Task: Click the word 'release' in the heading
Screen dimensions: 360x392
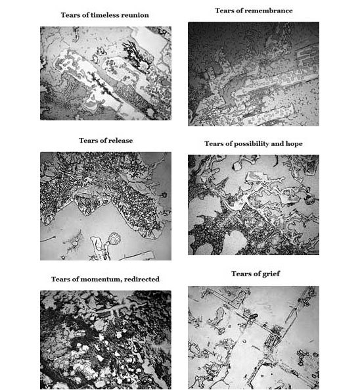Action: coord(120,141)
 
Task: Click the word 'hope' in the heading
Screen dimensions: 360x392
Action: coord(294,144)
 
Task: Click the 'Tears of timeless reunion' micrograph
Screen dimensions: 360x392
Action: coord(106,73)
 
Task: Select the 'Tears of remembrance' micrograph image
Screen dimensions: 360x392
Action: coord(254,74)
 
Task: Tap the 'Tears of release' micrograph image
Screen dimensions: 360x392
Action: coord(106,206)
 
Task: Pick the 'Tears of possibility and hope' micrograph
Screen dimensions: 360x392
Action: coord(254,205)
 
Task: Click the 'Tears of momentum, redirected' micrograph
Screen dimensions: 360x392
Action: coord(106,340)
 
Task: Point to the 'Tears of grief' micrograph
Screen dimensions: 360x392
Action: coord(254,338)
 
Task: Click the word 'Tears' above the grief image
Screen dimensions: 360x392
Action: coord(240,274)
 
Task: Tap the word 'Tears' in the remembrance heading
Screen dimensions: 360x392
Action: coord(225,11)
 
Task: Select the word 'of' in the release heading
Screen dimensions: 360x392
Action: coord(101,141)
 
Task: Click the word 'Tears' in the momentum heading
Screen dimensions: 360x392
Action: coord(60,280)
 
